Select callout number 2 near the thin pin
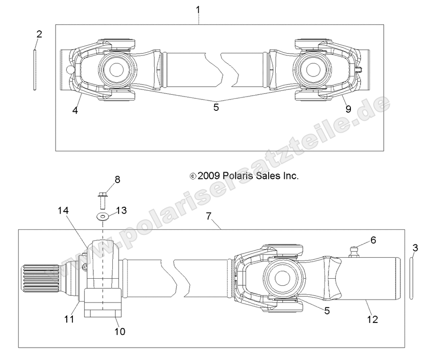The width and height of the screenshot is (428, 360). [x=39, y=34]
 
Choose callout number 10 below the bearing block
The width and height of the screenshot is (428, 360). [x=120, y=331]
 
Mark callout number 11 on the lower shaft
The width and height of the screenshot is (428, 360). [x=70, y=319]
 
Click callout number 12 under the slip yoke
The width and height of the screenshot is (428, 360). [x=372, y=319]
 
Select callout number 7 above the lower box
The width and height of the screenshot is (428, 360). [x=208, y=203]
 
